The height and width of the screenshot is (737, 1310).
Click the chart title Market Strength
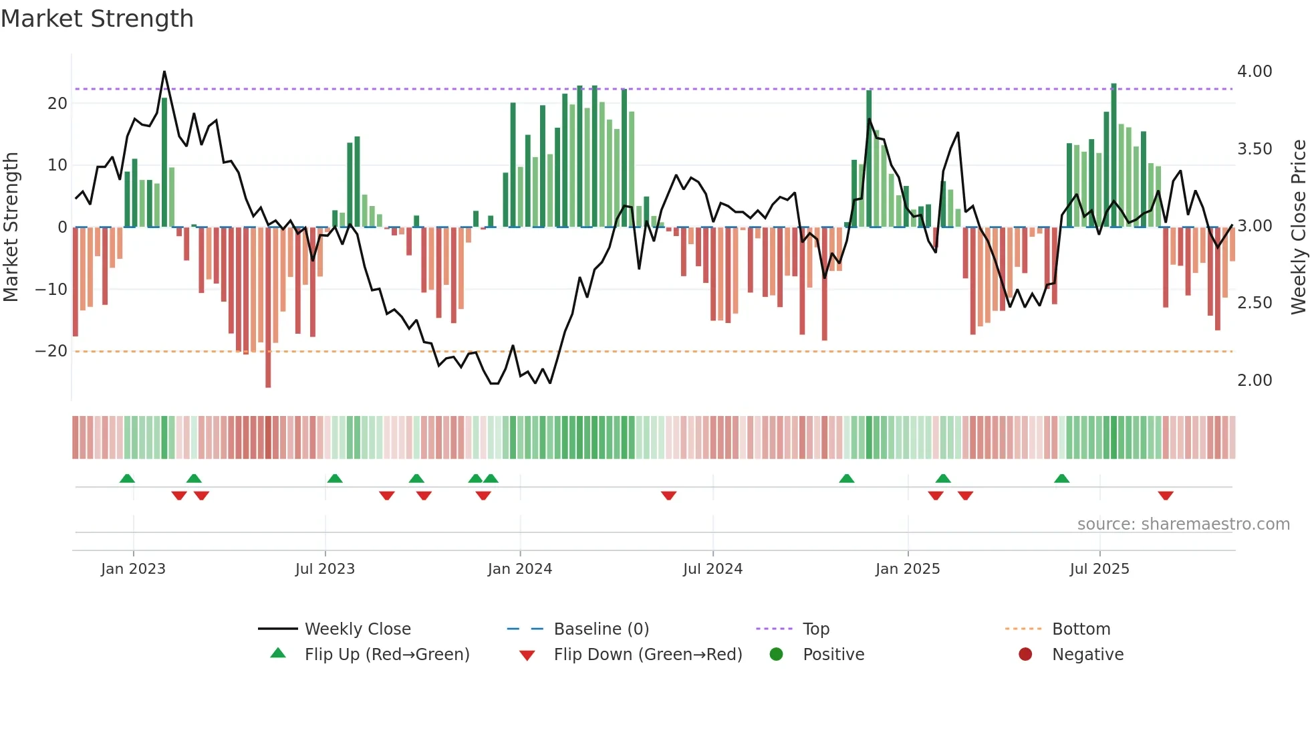click(x=97, y=19)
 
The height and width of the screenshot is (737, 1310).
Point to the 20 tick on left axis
click(x=57, y=104)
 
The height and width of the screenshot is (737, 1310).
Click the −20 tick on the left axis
click(x=51, y=351)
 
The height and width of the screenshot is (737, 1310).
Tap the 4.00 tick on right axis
click(x=1255, y=72)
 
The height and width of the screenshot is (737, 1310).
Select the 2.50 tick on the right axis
click(x=1255, y=303)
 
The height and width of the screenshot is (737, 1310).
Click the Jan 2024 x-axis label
click(x=519, y=569)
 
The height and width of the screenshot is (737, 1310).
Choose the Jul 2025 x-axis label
click(x=1099, y=569)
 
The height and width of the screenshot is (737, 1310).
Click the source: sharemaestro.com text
click(x=1183, y=524)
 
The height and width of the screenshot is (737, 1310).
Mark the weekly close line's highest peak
click(x=164, y=72)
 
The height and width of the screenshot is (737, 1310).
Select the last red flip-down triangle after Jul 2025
click(x=1166, y=496)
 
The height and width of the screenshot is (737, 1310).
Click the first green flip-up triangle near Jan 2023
click(x=127, y=478)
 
